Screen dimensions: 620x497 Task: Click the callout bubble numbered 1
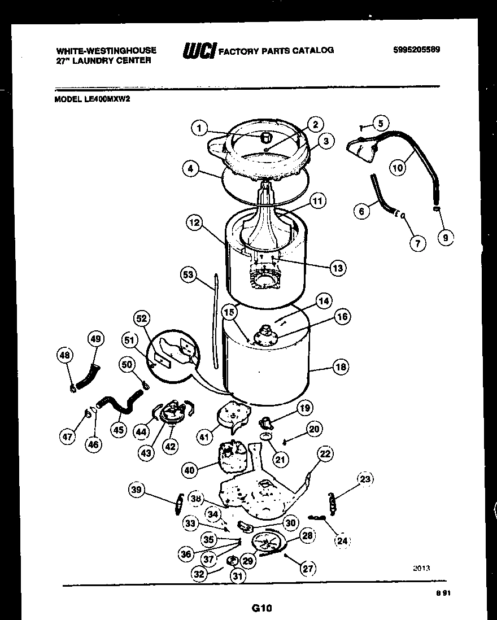(x=198, y=129)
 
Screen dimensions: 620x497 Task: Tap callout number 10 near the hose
(x=398, y=167)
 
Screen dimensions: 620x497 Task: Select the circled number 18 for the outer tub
(x=341, y=367)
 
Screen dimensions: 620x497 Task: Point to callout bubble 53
(x=188, y=275)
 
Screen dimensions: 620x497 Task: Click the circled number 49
(x=95, y=338)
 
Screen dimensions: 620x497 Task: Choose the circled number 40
(x=190, y=469)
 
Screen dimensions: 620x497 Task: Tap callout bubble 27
(x=308, y=568)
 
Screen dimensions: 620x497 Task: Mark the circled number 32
(x=198, y=574)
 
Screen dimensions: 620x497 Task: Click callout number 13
(x=338, y=268)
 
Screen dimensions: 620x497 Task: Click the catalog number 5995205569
(x=416, y=49)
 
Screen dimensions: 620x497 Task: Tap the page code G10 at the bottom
(x=261, y=608)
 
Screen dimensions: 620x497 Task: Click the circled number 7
(x=417, y=243)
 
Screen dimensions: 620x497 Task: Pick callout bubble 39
(x=136, y=490)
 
